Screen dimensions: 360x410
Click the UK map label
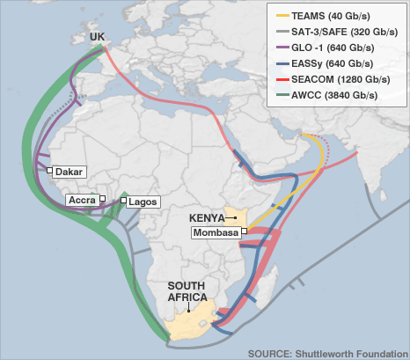point(98,37)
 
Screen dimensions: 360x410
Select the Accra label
point(82,200)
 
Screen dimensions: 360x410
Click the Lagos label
point(143,202)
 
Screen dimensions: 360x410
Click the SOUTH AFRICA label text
point(187,292)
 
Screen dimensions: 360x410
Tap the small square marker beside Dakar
point(49,172)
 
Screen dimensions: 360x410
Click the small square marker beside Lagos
point(124,201)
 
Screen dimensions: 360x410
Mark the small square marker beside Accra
point(103,199)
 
